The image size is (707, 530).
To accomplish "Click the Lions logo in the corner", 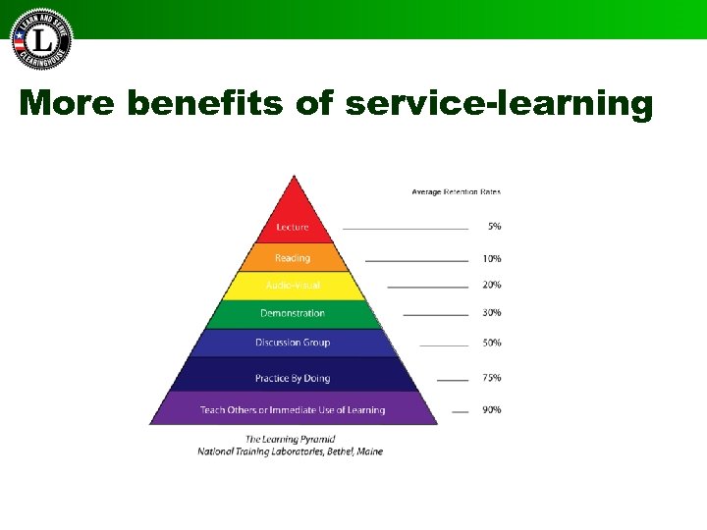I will tap(41, 39).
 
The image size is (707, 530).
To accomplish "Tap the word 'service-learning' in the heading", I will tap(499, 103).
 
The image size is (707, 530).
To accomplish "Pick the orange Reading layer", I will tap(293, 258).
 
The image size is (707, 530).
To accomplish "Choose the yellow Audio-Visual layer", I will tap(293, 286).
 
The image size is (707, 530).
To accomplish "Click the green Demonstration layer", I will tap(293, 313).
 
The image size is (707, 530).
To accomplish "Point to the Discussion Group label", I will tap(293, 343).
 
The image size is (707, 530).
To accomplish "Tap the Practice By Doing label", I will tap(293, 378).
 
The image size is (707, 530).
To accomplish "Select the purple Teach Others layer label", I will tap(293, 410).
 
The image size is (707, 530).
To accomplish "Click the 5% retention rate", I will tap(494, 227).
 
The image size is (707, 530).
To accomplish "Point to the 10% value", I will tap(492, 259).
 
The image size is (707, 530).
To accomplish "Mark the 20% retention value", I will tap(492, 286).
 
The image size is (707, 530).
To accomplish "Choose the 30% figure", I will tap(492, 313).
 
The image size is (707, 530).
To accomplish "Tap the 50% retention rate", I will tap(492, 344).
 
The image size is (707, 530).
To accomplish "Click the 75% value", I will tap(492, 378).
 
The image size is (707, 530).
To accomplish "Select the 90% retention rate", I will tap(492, 410).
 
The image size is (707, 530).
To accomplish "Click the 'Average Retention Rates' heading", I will tap(456, 191).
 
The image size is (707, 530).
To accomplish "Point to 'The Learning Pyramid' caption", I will tap(290, 439).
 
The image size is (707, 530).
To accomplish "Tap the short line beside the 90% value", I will tap(460, 411).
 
